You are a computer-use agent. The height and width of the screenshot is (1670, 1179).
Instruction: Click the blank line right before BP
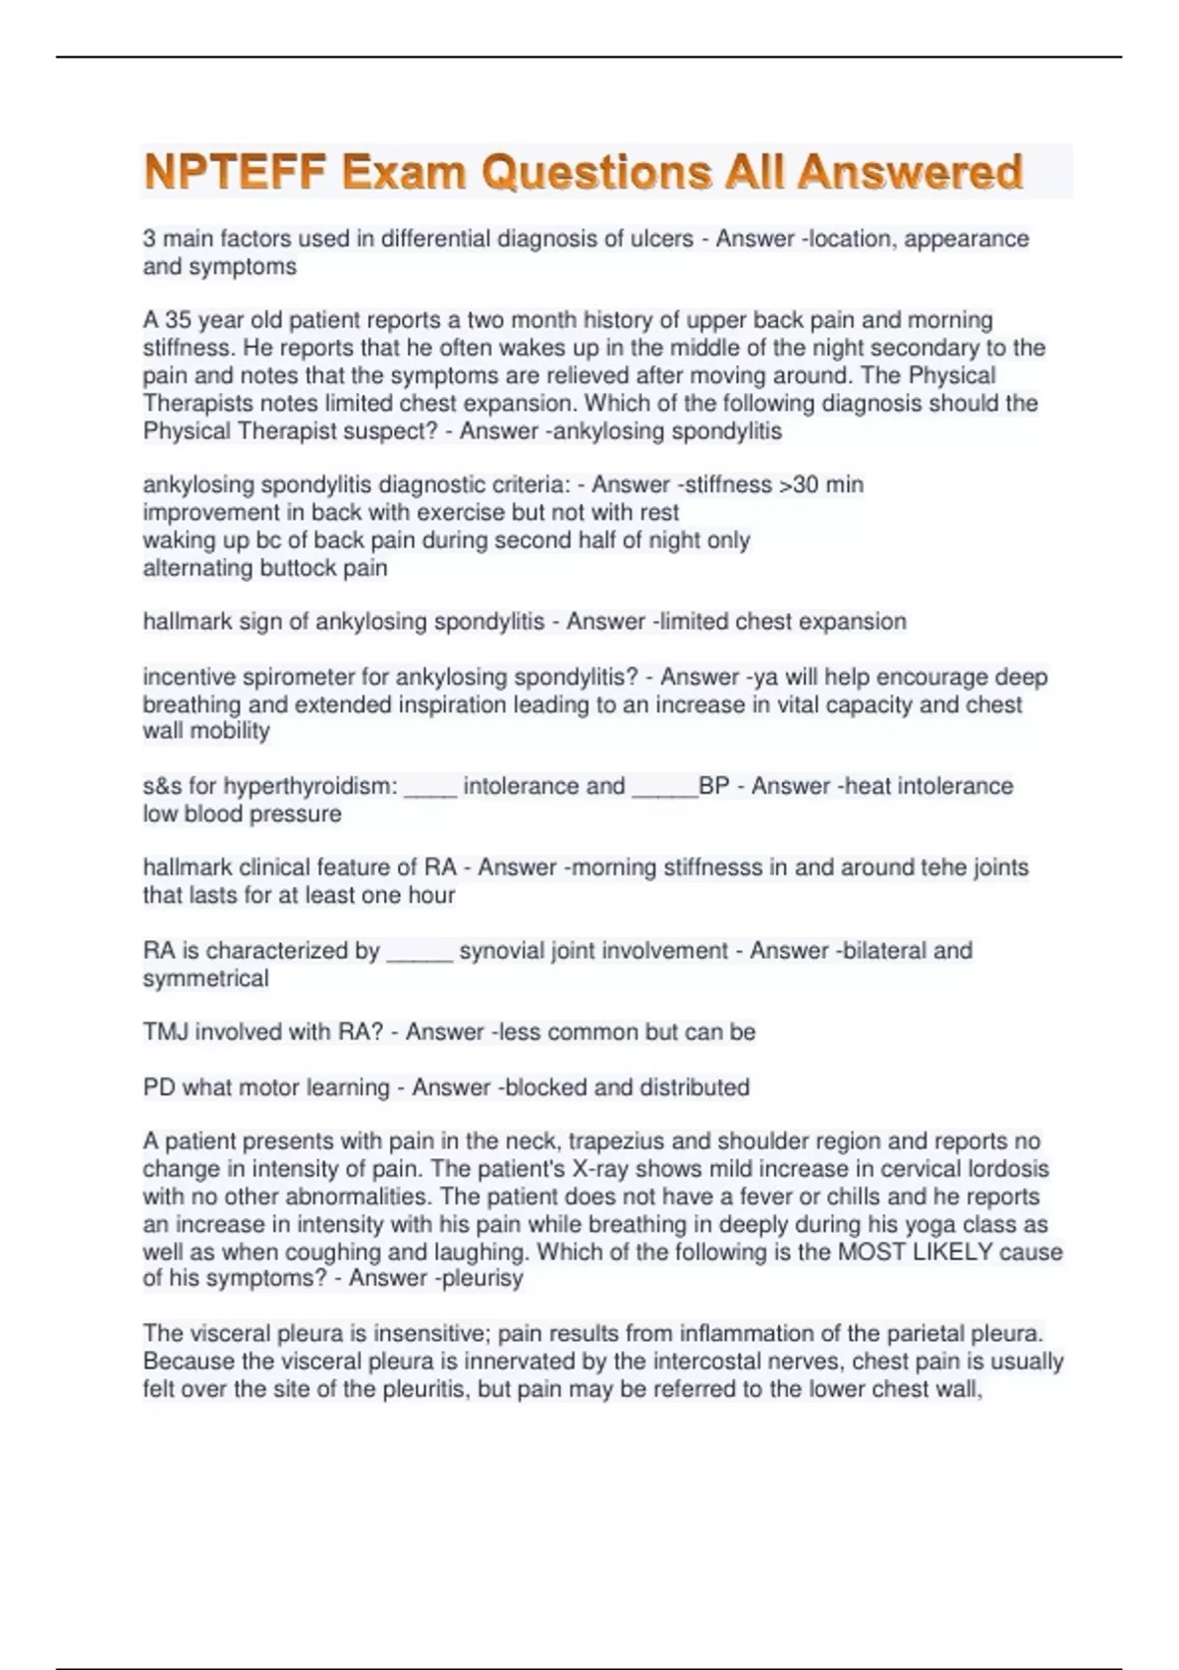click(x=664, y=788)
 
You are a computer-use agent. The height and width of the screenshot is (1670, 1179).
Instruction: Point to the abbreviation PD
click(x=158, y=1087)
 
